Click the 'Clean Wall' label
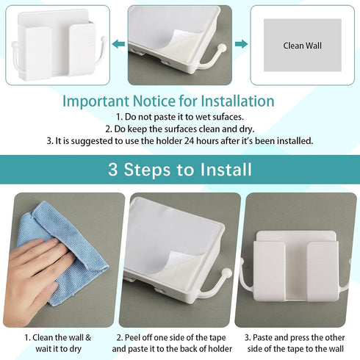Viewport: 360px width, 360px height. click(x=303, y=46)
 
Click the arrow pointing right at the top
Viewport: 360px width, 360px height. click(x=241, y=44)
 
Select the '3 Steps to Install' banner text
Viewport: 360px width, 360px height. click(x=180, y=170)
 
